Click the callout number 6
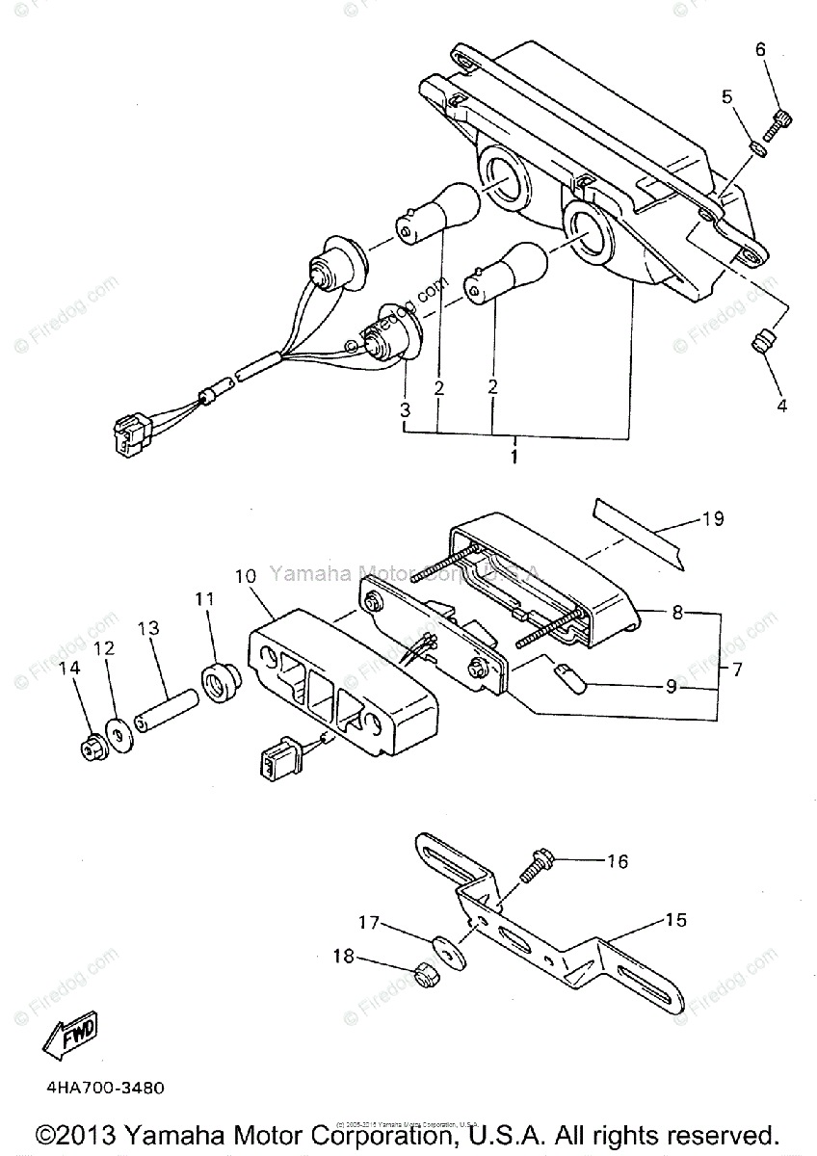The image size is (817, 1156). click(x=761, y=49)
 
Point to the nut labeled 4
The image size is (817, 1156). click(x=763, y=342)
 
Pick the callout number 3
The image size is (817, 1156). click(x=406, y=409)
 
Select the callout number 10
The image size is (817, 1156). click(x=245, y=576)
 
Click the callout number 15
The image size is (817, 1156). click(x=675, y=921)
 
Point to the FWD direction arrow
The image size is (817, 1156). click(x=70, y=1038)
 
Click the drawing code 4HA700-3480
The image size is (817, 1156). click(x=104, y=1088)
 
